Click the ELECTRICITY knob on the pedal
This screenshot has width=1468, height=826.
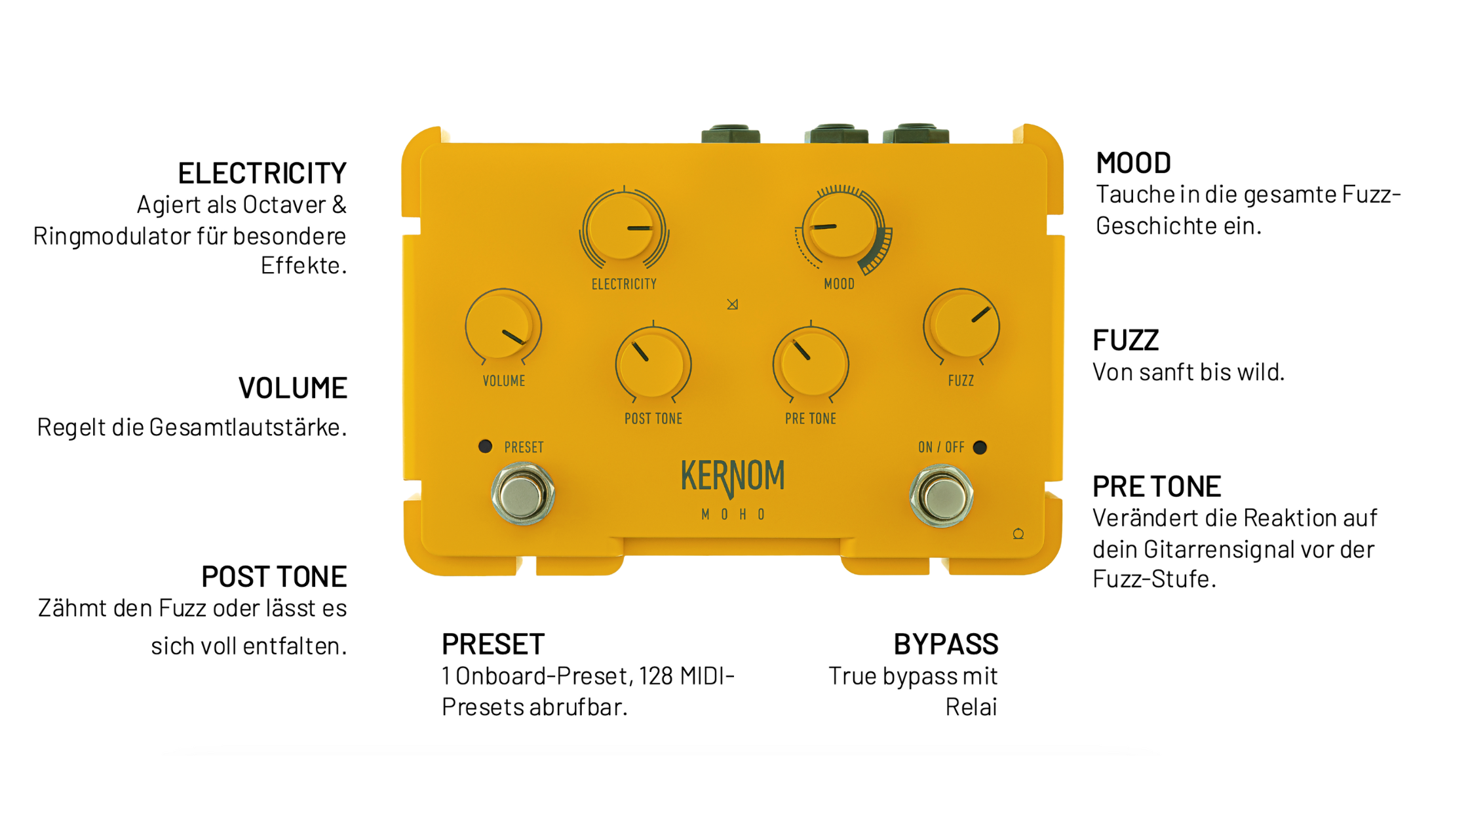click(623, 229)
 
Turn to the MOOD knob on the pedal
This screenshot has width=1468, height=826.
click(839, 227)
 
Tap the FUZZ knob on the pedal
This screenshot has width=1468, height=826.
click(961, 326)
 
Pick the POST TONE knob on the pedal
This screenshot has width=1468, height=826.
click(653, 364)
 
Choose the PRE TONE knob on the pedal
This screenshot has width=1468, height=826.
click(811, 364)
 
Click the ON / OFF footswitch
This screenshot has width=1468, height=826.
click(942, 496)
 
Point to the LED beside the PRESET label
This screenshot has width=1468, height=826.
click(485, 446)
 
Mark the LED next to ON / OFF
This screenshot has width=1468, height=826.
click(980, 447)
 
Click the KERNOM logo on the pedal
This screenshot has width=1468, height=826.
click(733, 477)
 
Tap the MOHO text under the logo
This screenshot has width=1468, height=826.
click(733, 515)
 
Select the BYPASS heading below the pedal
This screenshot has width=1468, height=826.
click(946, 644)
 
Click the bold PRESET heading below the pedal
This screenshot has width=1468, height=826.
click(493, 644)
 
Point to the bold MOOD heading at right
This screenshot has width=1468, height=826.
click(1133, 163)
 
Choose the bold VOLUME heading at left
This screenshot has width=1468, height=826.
click(292, 388)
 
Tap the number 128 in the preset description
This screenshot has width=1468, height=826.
click(655, 676)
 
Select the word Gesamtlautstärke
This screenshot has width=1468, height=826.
click(247, 427)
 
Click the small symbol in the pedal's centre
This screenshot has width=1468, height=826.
click(733, 304)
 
